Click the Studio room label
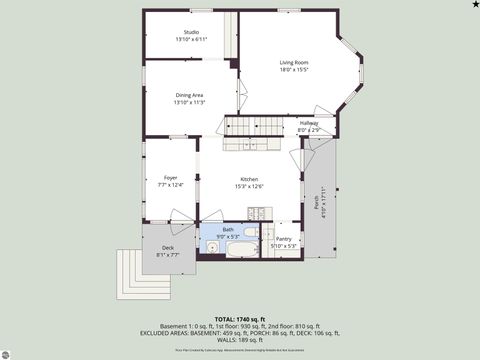coord(191,32)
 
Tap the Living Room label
coord(294,62)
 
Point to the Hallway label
coord(309,123)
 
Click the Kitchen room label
coord(249,179)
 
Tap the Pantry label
coord(284,239)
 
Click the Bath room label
coord(228,229)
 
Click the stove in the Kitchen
coord(257,213)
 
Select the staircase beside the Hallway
coord(256,126)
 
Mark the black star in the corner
coord(474,5)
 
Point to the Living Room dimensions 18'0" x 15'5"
coord(294,70)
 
